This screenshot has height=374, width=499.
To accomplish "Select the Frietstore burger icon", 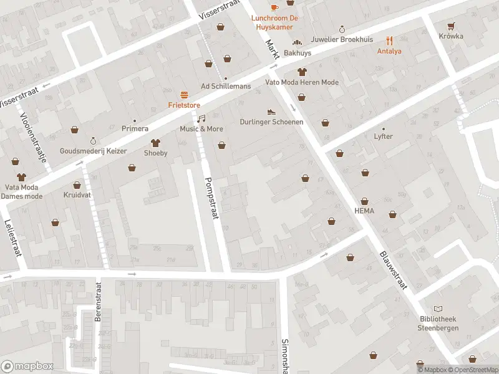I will [x=184, y=95].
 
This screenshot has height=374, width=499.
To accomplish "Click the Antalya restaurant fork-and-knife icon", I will [x=389, y=40].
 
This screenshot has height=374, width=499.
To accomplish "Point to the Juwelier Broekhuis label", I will [x=342, y=39].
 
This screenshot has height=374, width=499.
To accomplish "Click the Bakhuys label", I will [x=298, y=53].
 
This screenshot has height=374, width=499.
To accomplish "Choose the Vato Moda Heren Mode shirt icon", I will [x=302, y=72].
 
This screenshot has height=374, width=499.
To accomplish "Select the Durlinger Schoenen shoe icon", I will [x=271, y=112].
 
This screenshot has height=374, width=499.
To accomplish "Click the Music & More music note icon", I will [x=201, y=118].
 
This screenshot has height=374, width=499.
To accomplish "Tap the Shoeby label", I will [x=156, y=153].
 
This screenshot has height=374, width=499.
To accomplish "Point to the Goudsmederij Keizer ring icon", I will [x=94, y=141].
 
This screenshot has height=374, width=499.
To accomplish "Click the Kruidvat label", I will [x=77, y=195].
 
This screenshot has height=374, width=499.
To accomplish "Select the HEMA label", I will [x=364, y=210].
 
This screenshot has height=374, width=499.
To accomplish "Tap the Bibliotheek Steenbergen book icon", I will [x=438, y=309].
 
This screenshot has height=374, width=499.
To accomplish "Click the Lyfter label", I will [x=383, y=136].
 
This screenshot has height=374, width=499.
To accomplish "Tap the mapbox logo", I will [x=27, y=367].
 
